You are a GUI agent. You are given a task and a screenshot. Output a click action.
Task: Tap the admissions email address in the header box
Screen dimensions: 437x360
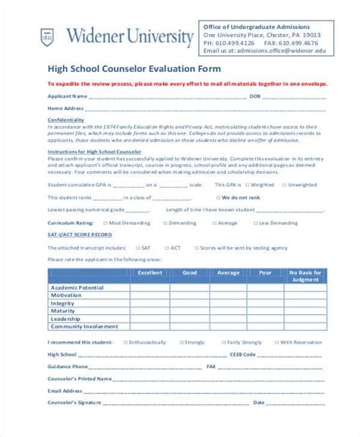click(x=258, y=50)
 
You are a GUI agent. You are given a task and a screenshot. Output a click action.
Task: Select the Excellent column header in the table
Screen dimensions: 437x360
click(x=150, y=272)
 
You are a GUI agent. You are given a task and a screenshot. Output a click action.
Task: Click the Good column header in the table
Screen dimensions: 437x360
click(x=190, y=272)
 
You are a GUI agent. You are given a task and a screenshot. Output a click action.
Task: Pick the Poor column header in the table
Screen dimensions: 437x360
click(x=264, y=272)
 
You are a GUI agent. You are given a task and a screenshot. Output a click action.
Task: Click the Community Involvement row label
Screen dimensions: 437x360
click(x=84, y=326)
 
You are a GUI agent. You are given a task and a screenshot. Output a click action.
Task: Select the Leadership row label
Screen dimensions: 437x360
click(x=65, y=319)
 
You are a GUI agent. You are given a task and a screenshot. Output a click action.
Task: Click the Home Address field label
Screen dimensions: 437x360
click(x=67, y=108)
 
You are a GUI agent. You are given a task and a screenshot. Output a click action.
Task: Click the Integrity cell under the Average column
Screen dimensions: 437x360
click(x=228, y=303)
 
